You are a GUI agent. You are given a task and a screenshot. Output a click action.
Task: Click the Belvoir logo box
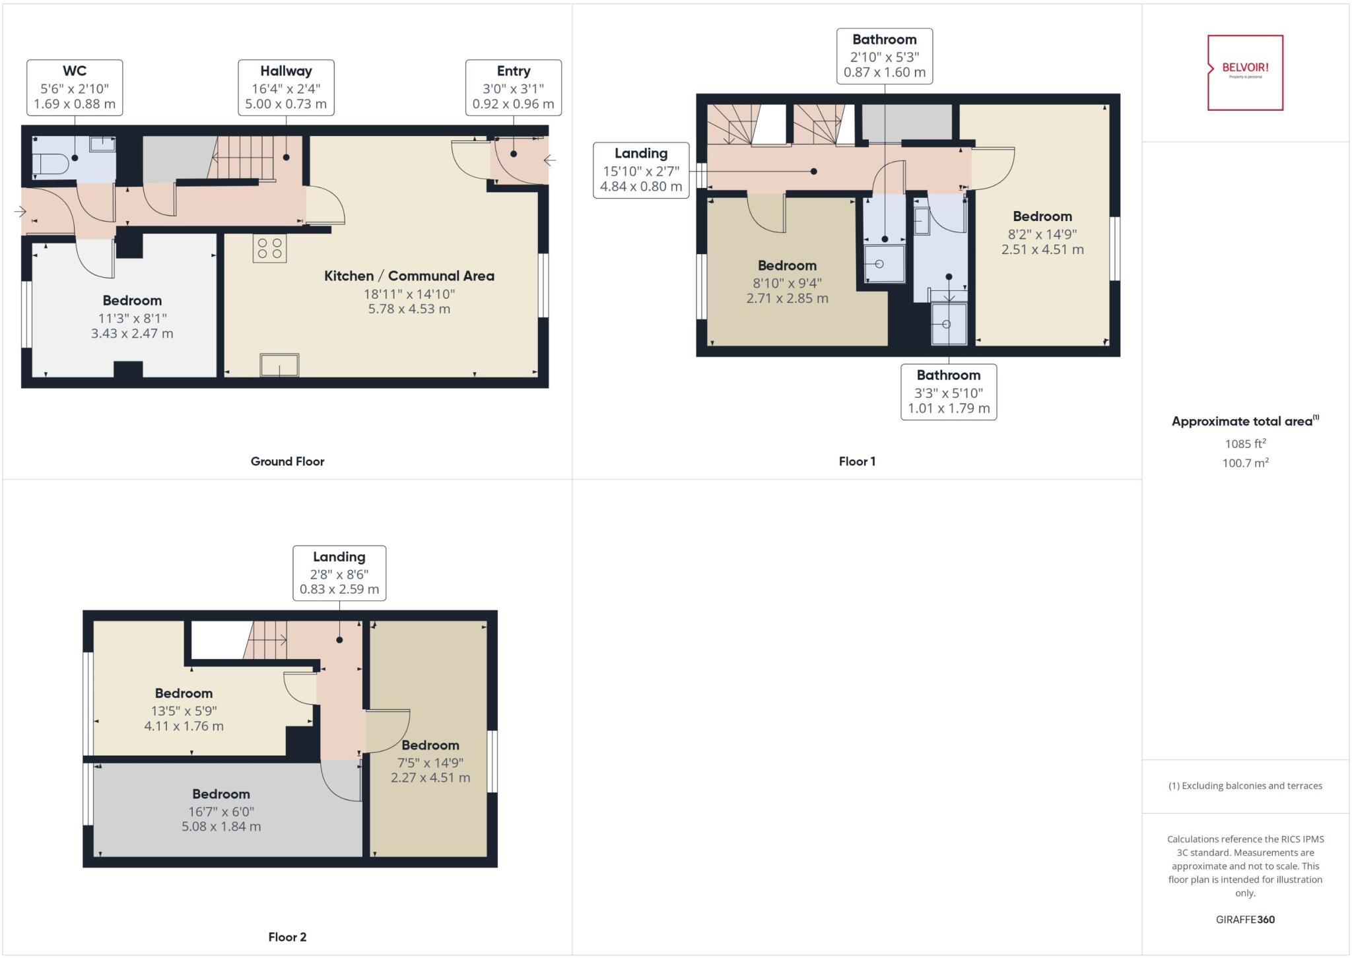(x=1245, y=73)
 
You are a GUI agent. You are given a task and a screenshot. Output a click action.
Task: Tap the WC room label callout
(x=75, y=87)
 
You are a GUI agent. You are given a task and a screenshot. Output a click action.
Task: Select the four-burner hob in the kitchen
(x=269, y=248)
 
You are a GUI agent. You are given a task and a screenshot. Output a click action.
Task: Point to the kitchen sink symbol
(x=279, y=365)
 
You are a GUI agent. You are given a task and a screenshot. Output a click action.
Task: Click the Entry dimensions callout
(x=513, y=87)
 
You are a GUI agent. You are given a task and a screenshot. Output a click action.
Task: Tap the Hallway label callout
(x=286, y=87)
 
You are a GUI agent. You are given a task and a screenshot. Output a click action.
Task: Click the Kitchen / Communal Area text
(x=409, y=276)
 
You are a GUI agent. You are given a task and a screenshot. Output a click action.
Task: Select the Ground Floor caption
(x=287, y=461)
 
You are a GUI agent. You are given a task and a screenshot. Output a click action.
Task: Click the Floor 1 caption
(x=857, y=461)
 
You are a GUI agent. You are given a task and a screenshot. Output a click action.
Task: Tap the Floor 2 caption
(x=287, y=937)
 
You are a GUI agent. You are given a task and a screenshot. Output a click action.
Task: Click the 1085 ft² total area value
(x=1245, y=444)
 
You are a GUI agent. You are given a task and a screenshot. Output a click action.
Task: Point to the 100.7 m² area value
(x=1245, y=463)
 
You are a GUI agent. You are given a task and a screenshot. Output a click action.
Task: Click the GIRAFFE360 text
(x=1245, y=919)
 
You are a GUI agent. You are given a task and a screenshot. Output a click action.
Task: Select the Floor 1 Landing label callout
(x=641, y=170)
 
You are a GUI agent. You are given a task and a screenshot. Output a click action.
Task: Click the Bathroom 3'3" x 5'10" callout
(x=949, y=392)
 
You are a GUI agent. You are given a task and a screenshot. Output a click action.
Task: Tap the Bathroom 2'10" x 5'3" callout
(x=884, y=56)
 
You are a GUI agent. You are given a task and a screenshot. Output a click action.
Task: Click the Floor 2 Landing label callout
(x=339, y=573)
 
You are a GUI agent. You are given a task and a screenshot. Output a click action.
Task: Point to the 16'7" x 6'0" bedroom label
(x=221, y=810)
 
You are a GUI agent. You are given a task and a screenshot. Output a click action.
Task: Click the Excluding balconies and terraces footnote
(x=1245, y=786)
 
